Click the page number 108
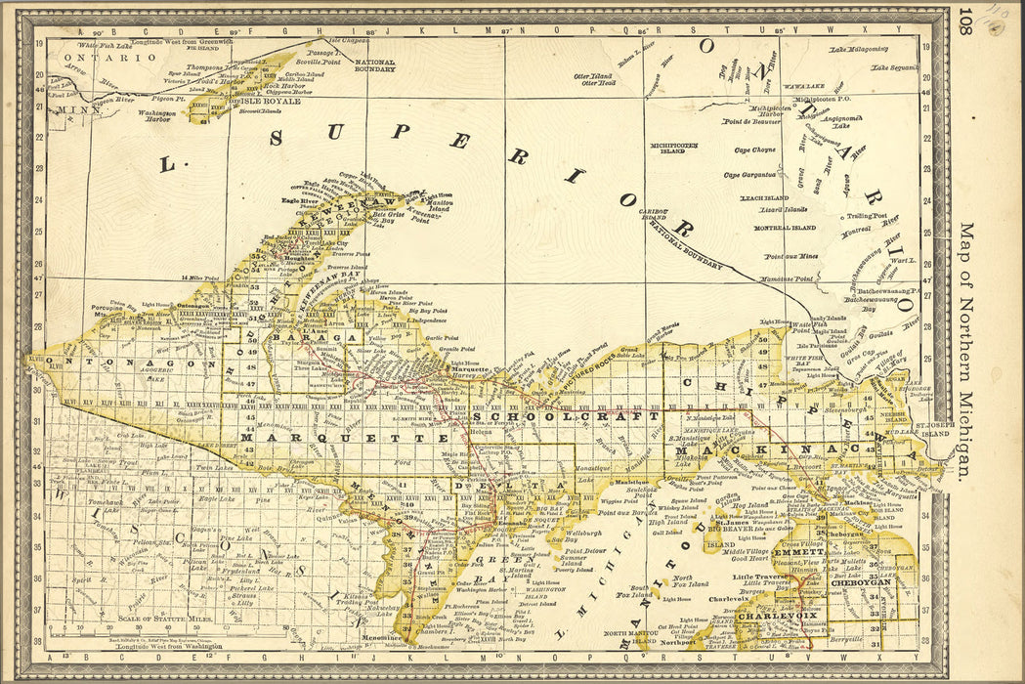965,19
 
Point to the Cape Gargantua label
750,176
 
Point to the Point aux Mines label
790,256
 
